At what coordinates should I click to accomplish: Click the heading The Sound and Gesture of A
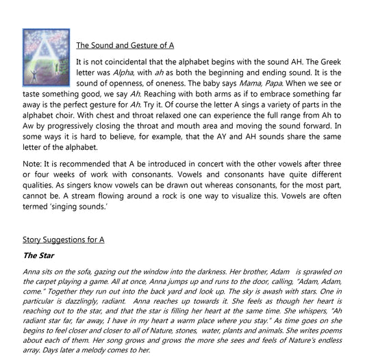pos(125,46)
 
